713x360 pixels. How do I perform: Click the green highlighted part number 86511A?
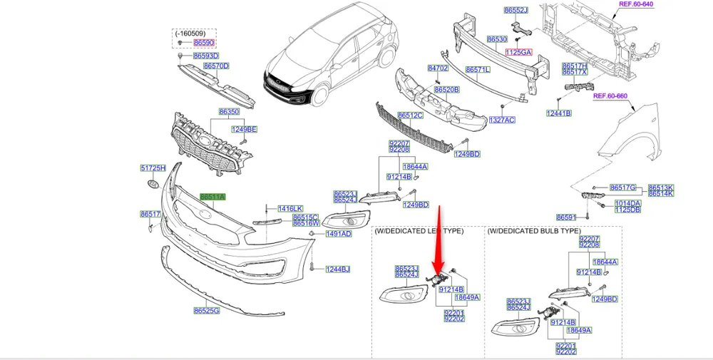click(x=213, y=197)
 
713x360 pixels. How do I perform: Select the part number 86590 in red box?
click(x=204, y=43)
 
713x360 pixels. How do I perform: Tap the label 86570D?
click(x=216, y=66)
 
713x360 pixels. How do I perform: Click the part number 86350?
click(x=229, y=113)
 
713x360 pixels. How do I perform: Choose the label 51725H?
click(x=153, y=168)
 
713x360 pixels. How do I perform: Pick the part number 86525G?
click(x=206, y=310)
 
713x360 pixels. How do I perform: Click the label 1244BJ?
click(x=339, y=269)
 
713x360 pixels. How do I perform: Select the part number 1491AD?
click(x=339, y=234)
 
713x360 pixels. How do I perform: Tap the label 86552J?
click(x=515, y=11)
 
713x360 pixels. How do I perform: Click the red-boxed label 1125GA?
click(x=519, y=53)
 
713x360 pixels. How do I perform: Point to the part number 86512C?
click(x=411, y=115)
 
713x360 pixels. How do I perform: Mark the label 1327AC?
click(x=501, y=120)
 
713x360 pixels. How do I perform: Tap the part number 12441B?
click(x=559, y=113)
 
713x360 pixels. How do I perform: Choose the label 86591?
click(x=566, y=217)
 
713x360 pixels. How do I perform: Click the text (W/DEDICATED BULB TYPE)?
click(x=534, y=232)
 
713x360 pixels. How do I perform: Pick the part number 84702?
click(x=437, y=68)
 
